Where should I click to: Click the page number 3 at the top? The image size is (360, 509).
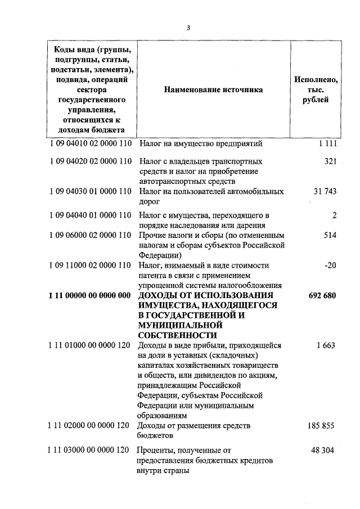coord(189,27)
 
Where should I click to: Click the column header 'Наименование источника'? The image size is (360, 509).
coord(214,89)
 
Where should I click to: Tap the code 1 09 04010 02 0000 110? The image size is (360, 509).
coord(90,143)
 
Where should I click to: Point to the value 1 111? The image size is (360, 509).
coord(327,143)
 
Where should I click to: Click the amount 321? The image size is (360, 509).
coord(330,161)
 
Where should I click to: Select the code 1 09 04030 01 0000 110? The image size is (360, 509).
coord(90,192)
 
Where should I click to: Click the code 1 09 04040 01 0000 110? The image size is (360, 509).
coord(90,215)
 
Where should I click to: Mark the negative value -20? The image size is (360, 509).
coord(331,265)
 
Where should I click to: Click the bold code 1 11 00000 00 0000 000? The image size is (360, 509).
coord(90,295)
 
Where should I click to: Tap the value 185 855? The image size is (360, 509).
coord(321,426)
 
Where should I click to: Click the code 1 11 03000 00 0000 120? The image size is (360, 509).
coord(90,451)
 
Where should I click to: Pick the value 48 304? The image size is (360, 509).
coord(323,451)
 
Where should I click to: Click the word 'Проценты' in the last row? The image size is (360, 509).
coord(156,451)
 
